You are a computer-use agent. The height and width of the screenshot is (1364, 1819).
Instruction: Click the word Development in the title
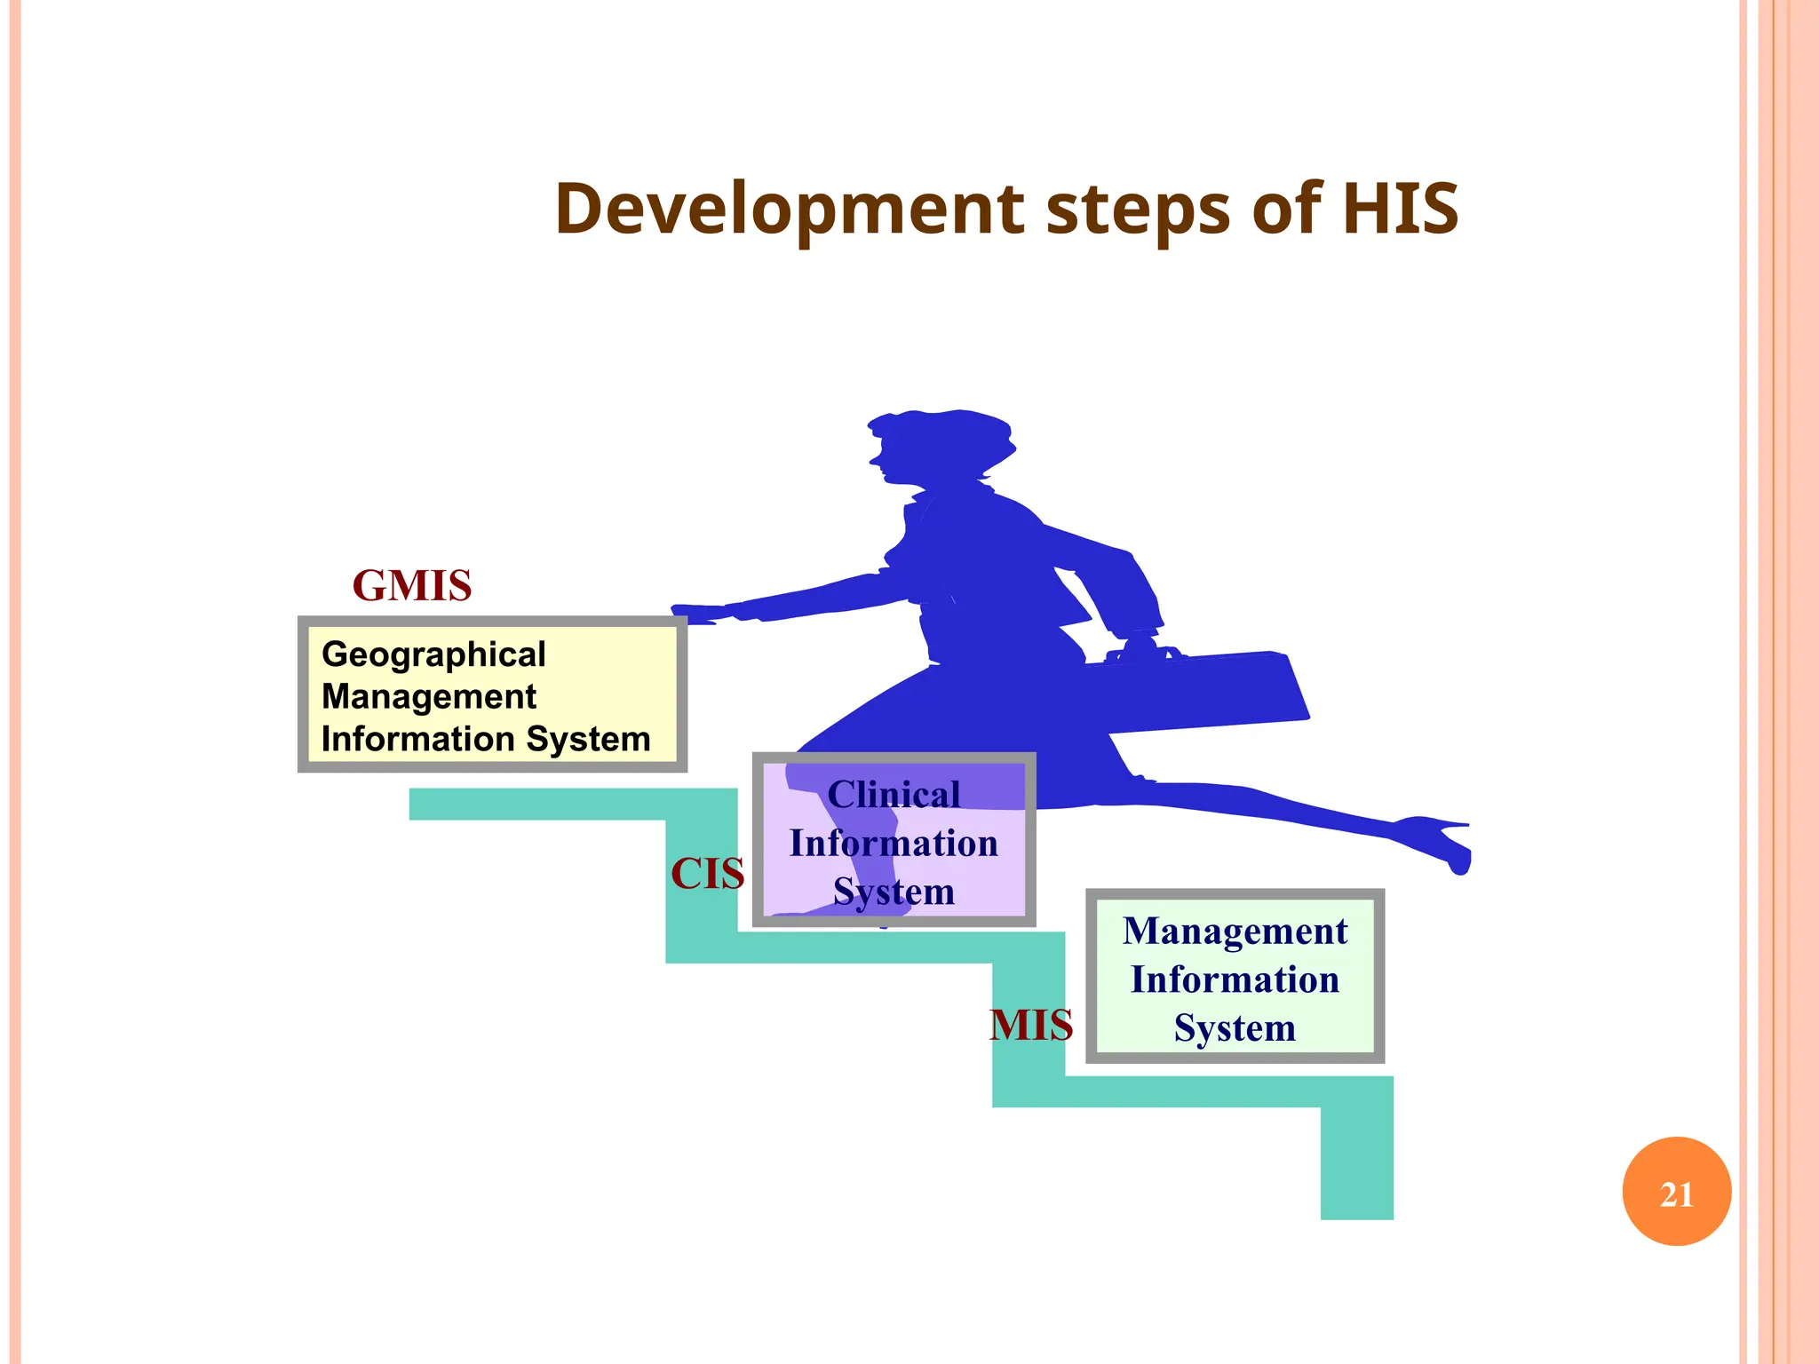(x=789, y=210)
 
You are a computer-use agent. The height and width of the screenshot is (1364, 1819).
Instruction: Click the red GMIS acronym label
(x=412, y=586)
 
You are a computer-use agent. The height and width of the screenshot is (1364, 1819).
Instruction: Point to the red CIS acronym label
(x=707, y=874)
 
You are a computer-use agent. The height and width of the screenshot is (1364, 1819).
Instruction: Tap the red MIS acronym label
(x=1030, y=1026)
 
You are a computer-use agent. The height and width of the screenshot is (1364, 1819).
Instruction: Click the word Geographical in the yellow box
(x=433, y=654)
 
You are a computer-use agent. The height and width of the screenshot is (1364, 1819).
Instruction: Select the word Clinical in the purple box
(x=894, y=795)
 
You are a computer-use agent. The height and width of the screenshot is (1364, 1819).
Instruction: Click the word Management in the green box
(x=1235, y=932)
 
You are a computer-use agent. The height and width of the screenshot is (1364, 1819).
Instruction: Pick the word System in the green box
(x=1235, y=1028)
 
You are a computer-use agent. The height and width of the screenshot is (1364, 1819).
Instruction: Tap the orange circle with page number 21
(x=1676, y=1192)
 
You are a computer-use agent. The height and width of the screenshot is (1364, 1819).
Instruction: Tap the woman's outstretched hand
(x=697, y=614)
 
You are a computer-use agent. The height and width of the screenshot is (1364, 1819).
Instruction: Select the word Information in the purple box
(x=894, y=844)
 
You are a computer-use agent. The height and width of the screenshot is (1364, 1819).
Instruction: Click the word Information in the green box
(x=1235, y=980)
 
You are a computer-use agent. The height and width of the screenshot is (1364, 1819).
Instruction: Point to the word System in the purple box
(x=894, y=892)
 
